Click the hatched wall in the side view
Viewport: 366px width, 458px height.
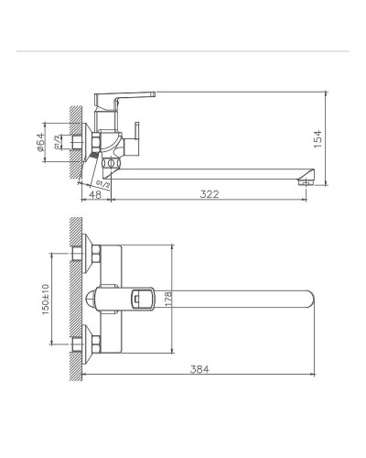pyautogui.click(x=76, y=142)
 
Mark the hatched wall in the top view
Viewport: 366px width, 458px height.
pyautogui.click(x=77, y=298)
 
